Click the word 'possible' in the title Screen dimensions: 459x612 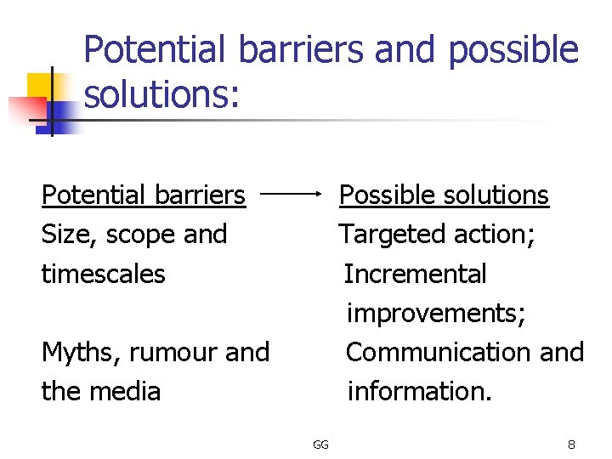point(513,51)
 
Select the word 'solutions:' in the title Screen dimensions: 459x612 point(162,94)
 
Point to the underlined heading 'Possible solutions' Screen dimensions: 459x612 point(444,195)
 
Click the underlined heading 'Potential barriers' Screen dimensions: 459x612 point(143,195)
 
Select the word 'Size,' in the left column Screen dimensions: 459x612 point(70,235)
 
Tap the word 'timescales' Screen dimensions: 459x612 point(103,274)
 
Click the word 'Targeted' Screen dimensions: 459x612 point(394,235)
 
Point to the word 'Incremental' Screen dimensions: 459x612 point(415,274)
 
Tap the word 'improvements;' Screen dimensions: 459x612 point(437,313)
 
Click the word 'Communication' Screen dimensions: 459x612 point(433,352)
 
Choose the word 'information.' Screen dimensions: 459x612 point(419,391)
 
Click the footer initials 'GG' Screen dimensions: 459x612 point(320,445)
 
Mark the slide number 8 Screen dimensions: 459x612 point(571,445)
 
